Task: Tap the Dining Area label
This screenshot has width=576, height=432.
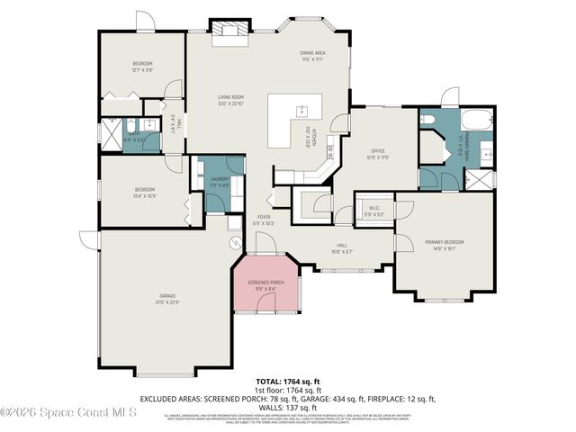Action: [x=312, y=53]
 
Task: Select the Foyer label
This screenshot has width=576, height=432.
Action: [x=264, y=217]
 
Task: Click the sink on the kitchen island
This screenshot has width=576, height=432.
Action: [x=301, y=112]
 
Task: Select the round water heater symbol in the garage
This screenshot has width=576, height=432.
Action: [x=236, y=242]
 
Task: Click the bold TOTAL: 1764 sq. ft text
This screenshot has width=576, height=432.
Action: [x=288, y=382]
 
